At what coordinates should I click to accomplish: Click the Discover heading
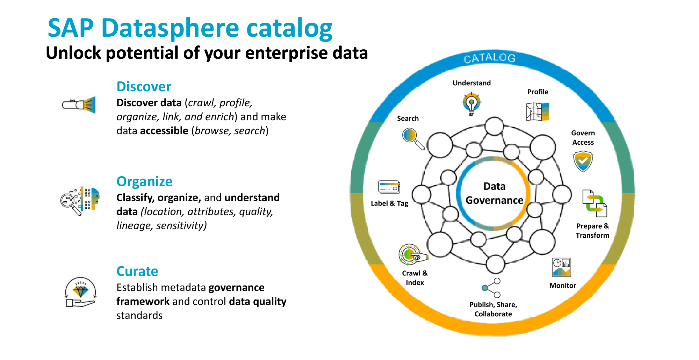[144, 86]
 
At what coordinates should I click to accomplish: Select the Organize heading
[144, 181]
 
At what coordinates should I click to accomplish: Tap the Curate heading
[137, 271]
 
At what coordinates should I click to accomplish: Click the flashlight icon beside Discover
[79, 105]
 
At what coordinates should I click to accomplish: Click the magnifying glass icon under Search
[413, 138]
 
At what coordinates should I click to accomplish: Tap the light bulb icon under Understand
[471, 104]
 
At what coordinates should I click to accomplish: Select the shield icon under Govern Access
[583, 161]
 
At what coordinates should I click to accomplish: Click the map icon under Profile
[538, 111]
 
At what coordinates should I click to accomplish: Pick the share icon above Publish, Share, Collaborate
[492, 288]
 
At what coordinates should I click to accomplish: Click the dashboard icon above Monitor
[561, 267]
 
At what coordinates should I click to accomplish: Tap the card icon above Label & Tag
[389, 187]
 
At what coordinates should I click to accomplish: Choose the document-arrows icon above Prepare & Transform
[594, 203]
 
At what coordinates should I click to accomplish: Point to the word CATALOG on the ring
[490, 58]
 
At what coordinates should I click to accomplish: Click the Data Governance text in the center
[494, 193]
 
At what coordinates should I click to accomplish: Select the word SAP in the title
[71, 28]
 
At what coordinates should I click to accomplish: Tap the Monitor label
[563, 286]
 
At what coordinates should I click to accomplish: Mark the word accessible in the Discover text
[164, 131]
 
